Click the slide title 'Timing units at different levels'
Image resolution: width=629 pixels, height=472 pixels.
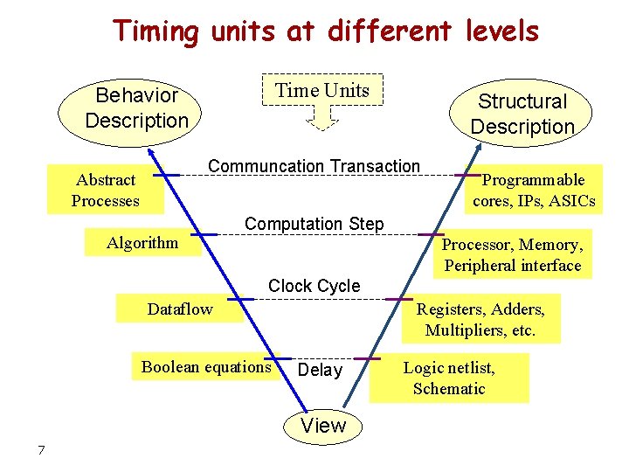click(325, 31)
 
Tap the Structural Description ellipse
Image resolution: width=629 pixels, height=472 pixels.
click(522, 114)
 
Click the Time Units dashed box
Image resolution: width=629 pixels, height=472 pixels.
click(322, 90)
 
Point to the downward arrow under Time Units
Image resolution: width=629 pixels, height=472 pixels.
click(323, 118)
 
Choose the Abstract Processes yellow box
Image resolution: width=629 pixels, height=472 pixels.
click(105, 191)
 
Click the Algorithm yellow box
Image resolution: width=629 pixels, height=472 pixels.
click(142, 242)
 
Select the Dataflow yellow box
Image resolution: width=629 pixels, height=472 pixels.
click(181, 309)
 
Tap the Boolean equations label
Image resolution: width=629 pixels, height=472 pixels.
click(206, 367)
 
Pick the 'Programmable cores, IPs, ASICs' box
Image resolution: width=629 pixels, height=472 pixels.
click(534, 191)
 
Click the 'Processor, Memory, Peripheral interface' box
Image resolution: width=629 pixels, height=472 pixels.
click(512, 254)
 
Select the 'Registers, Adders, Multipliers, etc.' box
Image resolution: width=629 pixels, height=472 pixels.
click(480, 319)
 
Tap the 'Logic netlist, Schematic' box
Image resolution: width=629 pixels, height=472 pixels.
click(448, 378)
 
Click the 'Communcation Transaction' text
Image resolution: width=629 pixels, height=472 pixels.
click(314, 166)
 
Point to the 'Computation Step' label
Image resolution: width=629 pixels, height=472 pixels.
click(314, 224)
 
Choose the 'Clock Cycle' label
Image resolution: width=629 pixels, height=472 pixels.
click(314, 286)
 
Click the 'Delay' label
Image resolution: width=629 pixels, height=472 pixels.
click(320, 371)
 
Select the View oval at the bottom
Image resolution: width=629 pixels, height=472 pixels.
click(323, 426)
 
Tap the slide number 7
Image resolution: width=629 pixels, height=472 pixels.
click(40, 450)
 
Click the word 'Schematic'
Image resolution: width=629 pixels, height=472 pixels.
click(448, 389)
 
